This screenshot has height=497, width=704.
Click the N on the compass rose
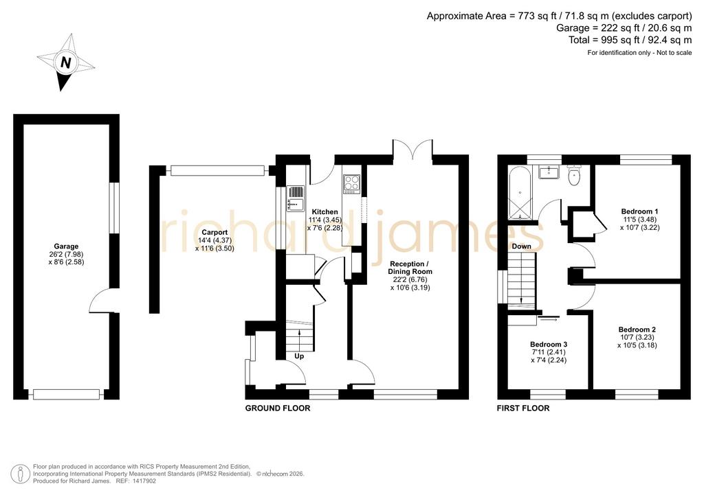point(65,62)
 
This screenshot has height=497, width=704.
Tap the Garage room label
point(66,246)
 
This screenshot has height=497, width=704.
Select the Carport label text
point(214,232)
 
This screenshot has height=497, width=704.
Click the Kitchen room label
point(324,212)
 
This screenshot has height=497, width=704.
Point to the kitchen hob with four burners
point(351,184)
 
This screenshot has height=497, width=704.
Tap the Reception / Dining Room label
point(410,268)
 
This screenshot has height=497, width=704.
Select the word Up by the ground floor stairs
point(299,356)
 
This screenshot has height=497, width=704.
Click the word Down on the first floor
point(521,246)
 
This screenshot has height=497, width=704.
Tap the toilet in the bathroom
point(574,175)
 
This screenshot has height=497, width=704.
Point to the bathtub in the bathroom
point(520,192)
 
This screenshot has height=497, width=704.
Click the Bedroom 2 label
point(637,330)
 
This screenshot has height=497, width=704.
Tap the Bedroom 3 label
point(548,344)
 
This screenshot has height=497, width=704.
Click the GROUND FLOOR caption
point(278,408)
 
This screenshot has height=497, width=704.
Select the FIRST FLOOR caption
point(523,408)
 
